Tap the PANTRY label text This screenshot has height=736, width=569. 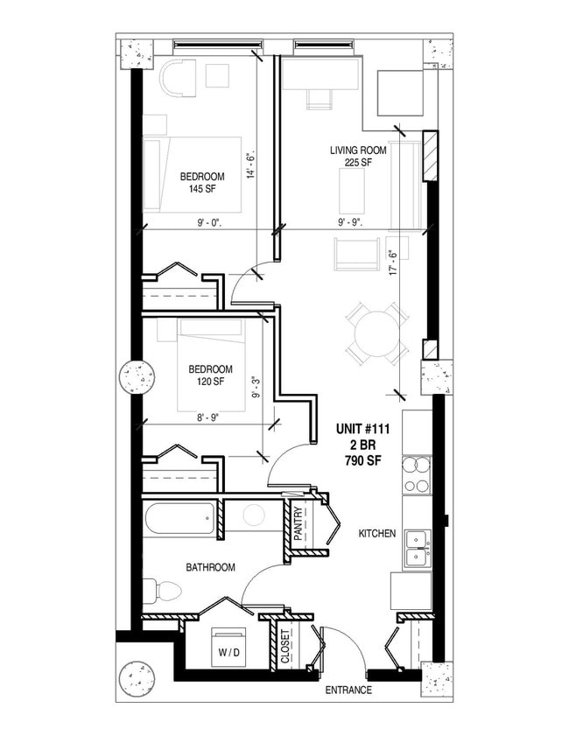click(x=298, y=525)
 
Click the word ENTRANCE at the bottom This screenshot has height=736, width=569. click(x=348, y=690)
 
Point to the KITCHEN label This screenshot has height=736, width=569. click(x=377, y=533)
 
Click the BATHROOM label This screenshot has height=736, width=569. click(x=210, y=568)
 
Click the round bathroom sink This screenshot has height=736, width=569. click(x=254, y=515)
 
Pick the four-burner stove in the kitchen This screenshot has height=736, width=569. click(x=416, y=475)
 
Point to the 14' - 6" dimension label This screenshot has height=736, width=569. click(x=249, y=165)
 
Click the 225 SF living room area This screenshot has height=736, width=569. click(x=351, y=163)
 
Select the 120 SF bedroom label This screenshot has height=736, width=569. click(x=209, y=382)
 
